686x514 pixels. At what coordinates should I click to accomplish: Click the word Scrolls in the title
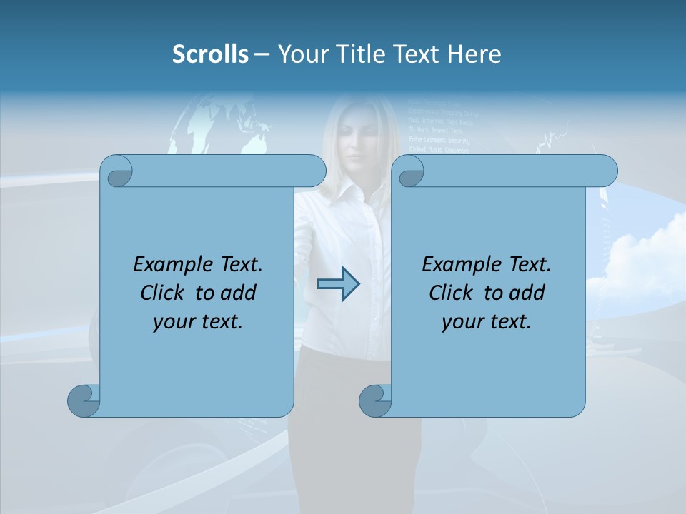[210, 54]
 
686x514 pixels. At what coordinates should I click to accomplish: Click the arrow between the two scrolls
[338, 284]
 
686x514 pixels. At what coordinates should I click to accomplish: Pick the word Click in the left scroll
[164, 293]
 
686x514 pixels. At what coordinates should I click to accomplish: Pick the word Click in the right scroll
[453, 293]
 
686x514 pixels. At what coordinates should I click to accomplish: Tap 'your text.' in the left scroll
[198, 321]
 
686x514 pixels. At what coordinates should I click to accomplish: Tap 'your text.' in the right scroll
[487, 321]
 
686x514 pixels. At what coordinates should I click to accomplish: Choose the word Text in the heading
[416, 54]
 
